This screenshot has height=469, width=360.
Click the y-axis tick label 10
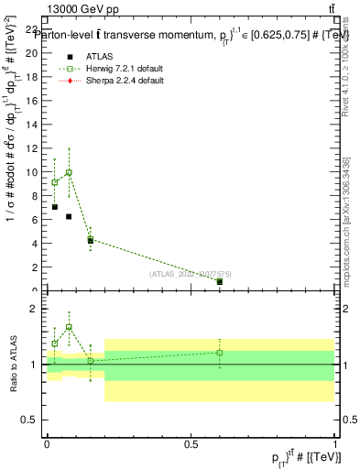coord(33,172)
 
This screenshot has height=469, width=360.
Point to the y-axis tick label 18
coord(33,76)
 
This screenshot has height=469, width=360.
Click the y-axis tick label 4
coord(36,244)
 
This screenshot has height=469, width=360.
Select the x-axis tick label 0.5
coord(191,443)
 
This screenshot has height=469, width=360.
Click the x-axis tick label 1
coord(334,443)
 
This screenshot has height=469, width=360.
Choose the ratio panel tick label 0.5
coord(30,420)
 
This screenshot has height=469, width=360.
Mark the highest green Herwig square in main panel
coord(69,172)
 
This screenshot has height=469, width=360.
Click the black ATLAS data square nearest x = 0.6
coord(220,281)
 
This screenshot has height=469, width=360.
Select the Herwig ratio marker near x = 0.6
coord(220,353)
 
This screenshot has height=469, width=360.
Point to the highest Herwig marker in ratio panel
coord(69,327)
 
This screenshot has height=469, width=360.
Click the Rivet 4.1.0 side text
coord(346,82)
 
